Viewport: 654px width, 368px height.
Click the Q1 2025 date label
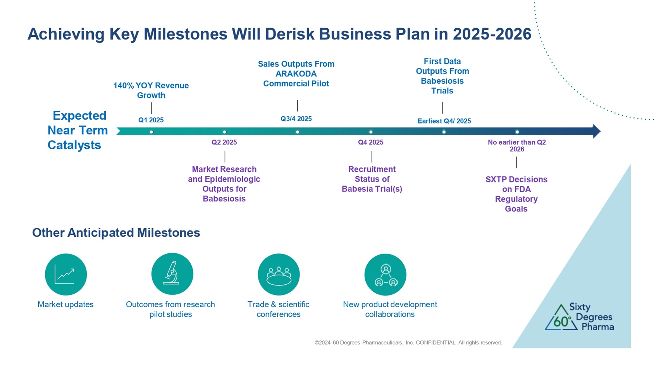(151, 120)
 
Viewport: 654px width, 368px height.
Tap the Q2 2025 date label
(224, 142)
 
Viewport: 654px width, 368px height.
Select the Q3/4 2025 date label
(296, 119)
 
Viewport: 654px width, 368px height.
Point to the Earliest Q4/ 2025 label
(444, 121)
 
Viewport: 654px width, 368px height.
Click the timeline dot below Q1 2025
(151, 132)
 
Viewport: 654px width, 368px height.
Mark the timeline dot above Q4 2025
(371, 132)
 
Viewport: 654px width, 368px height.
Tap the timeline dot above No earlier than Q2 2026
(517, 132)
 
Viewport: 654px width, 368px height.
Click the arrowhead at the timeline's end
(597, 131)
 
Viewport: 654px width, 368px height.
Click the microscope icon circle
(172, 274)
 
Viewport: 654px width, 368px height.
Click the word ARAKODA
(296, 74)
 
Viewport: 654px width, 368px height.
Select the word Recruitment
(372, 169)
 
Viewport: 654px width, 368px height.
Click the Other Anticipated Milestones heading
(116, 232)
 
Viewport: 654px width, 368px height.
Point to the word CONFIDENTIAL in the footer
(435, 342)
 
